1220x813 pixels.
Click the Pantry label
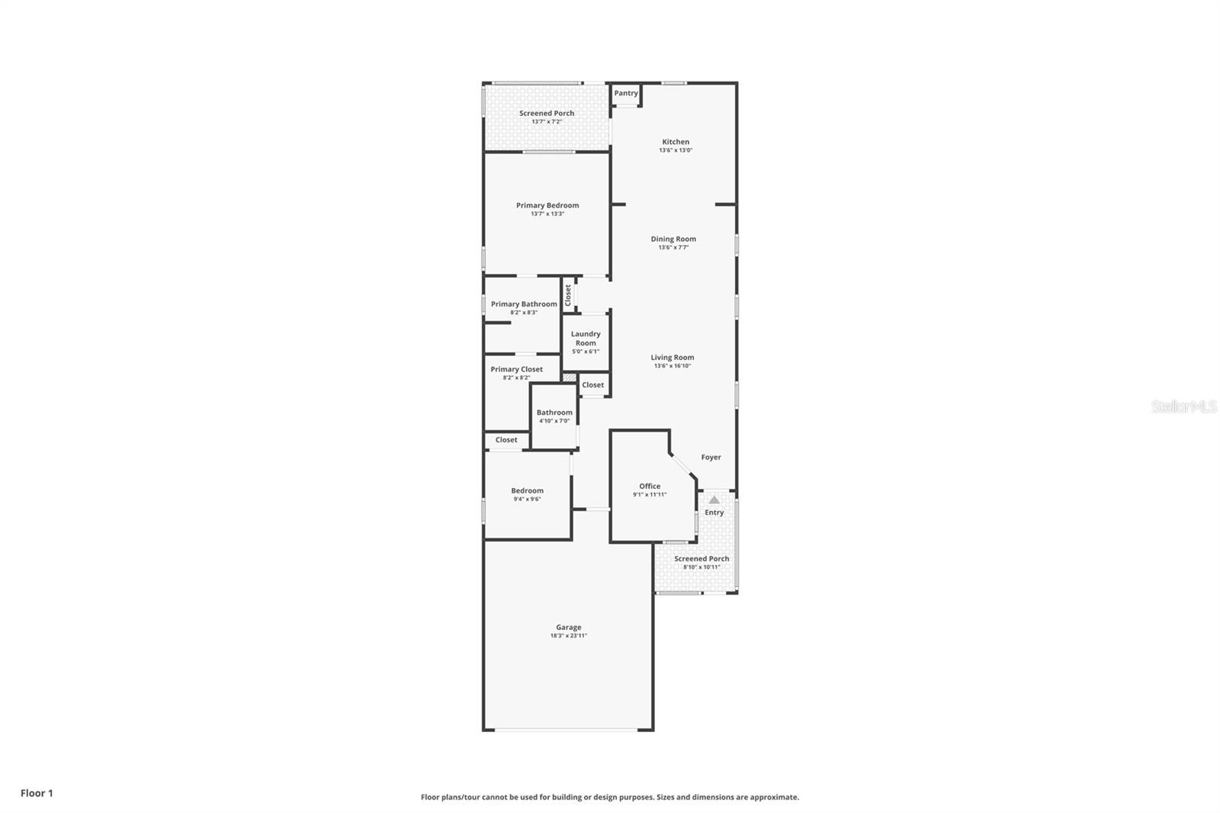[x=626, y=93]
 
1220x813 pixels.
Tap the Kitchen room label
[x=676, y=142]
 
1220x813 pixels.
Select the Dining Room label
[x=673, y=239]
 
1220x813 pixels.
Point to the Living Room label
[x=673, y=357]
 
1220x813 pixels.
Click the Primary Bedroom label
[x=547, y=205]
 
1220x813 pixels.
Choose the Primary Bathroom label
[x=524, y=304]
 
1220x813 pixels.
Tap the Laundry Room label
[x=586, y=339]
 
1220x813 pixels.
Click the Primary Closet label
[x=517, y=369]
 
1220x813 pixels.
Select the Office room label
[x=650, y=486]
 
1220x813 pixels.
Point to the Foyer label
[x=711, y=457]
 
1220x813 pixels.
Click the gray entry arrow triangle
[x=714, y=500]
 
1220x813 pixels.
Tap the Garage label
[x=569, y=627]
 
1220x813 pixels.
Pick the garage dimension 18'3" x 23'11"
[x=569, y=636]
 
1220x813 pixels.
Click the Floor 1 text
[x=37, y=793]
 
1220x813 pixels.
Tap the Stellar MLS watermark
[x=1183, y=406]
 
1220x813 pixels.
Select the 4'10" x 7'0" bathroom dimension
[x=554, y=421]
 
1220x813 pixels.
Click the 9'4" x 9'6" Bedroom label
[x=528, y=491]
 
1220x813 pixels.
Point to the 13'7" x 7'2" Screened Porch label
[x=547, y=114]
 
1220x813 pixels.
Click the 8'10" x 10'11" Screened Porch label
[x=701, y=559]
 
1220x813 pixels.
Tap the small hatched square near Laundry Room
[x=569, y=377]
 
